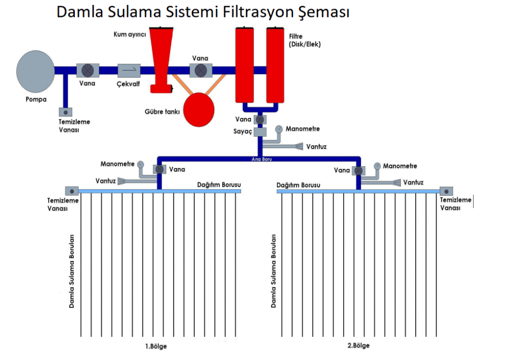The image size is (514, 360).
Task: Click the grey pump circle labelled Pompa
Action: pos(35,71)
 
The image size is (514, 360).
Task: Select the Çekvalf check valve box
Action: pos(129,70)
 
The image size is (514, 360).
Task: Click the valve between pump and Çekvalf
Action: pos(87,70)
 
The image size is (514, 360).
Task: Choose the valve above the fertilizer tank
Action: pos(200,70)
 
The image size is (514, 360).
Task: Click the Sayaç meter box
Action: pos(260,132)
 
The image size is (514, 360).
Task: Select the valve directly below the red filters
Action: pos(260,120)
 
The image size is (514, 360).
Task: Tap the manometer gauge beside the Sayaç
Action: pos(279,129)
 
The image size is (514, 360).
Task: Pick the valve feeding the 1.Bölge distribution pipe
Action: pos(159,170)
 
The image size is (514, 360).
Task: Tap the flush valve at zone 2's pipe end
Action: pos(446,191)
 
